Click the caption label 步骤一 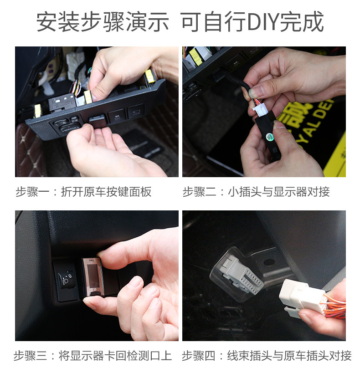pos(32,192)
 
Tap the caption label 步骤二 pos(199,192)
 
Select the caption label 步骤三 pos(30,356)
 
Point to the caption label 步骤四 pos(198,356)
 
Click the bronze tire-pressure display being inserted pos(93,277)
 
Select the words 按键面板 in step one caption pos(129,192)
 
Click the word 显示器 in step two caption pos(290,192)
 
